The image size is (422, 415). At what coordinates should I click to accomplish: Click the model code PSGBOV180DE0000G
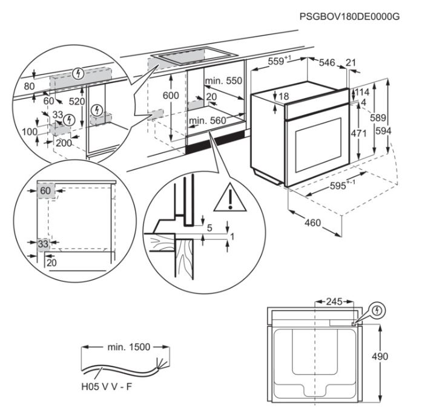coord(349,17)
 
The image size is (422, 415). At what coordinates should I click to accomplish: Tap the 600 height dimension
coord(171,96)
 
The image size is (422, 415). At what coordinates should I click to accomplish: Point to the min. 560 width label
coord(207,121)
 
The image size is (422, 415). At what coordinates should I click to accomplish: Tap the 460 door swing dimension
coord(312,223)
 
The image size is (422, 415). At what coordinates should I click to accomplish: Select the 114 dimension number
coord(362,92)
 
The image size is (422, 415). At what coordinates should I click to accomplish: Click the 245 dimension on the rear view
coord(333,301)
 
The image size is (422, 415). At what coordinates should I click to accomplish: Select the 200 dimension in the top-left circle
coord(64,143)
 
